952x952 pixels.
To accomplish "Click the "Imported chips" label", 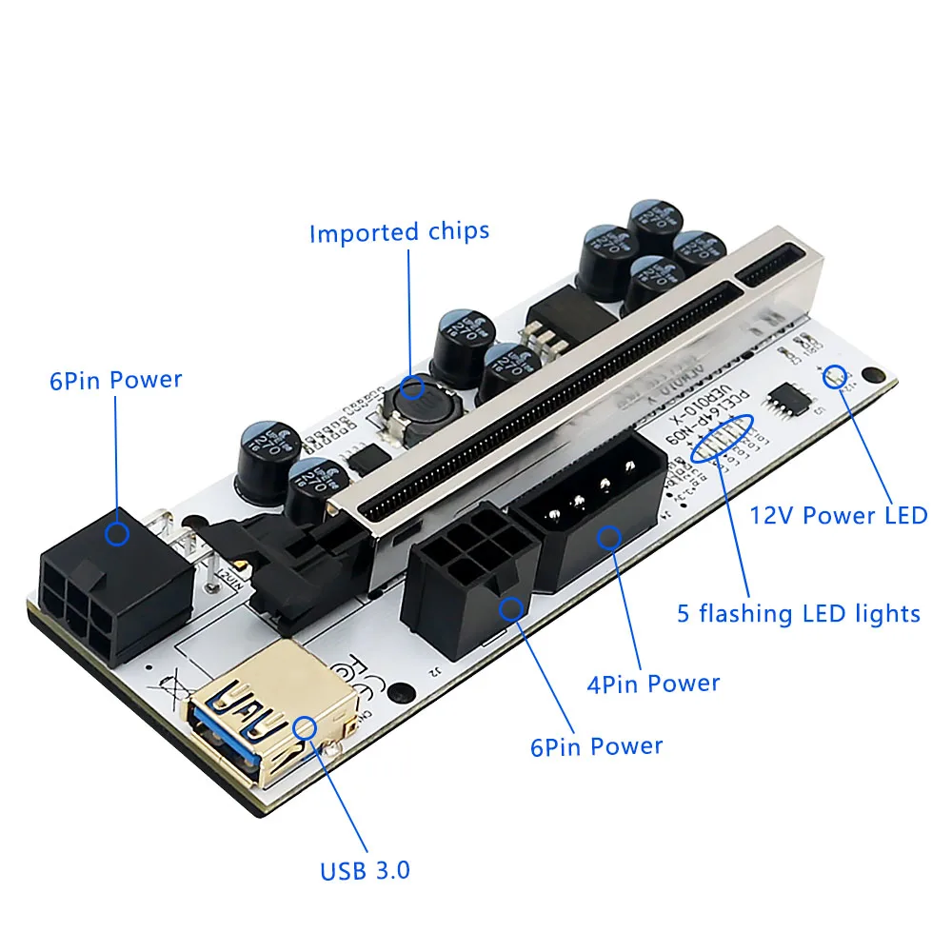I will (x=399, y=231).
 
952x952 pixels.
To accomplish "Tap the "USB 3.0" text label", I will (x=366, y=869).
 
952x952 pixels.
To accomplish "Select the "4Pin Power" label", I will (x=654, y=682).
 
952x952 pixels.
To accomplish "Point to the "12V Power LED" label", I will (x=839, y=515).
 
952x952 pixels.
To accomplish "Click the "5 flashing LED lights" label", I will (x=798, y=612).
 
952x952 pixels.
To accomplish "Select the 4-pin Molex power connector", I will (x=588, y=509).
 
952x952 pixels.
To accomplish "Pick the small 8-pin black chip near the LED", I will (x=789, y=400).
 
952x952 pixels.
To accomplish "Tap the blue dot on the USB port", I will (x=306, y=727).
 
